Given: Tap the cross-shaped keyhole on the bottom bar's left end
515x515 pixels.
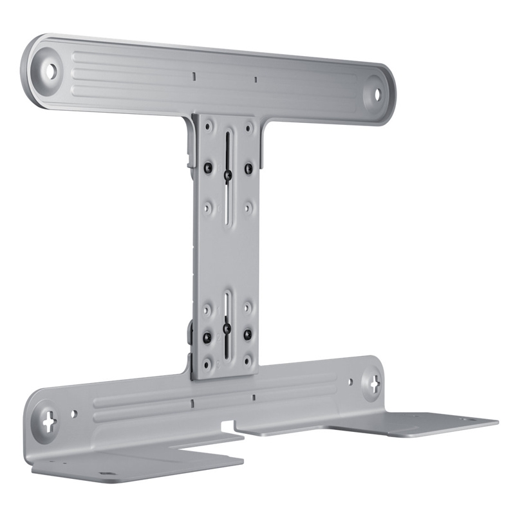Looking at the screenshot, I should coord(48,425).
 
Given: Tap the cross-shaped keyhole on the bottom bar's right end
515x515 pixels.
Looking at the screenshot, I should coord(374,385).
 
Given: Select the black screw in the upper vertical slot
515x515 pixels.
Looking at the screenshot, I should coord(227,174).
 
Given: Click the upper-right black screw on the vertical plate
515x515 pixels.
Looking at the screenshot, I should coord(248,168).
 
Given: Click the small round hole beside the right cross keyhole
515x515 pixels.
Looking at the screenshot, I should coord(350,384).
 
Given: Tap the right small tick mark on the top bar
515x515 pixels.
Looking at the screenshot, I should coord(255,80).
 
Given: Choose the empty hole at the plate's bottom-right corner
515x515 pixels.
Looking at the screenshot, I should coord(248,365).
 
